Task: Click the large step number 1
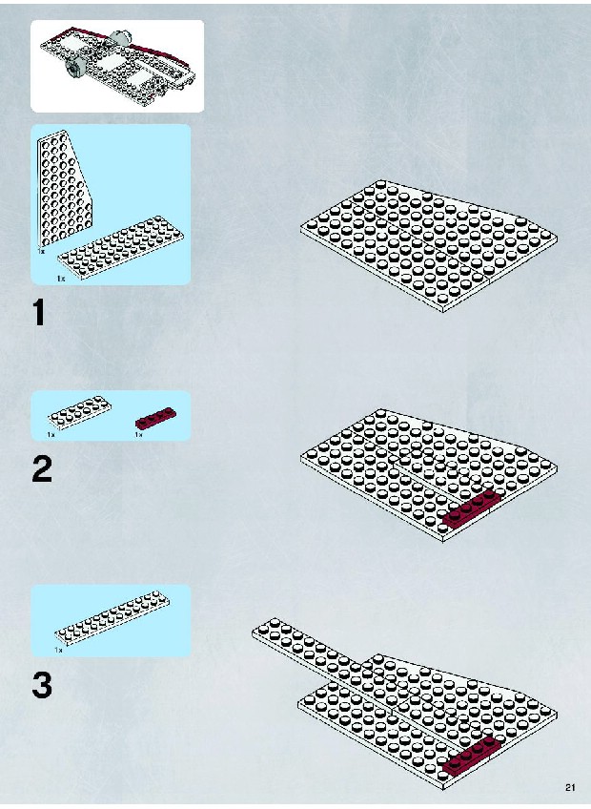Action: click(39, 313)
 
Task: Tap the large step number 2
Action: click(42, 469)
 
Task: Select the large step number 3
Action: click(42, 685)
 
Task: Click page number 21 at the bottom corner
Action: click(570, 787)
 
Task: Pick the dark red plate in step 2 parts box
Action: click(155, 419)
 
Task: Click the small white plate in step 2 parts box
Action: click(80, 412)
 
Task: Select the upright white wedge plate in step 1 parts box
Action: click(64, 189)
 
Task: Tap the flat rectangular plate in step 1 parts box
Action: click(120, 248)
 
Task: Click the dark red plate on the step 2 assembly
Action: click(473, 509)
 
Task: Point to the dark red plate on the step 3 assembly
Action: click(473, 755)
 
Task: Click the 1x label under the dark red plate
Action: click(138, 434)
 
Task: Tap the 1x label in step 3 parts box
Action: click(58, 650)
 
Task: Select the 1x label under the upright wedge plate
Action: click(41, 251)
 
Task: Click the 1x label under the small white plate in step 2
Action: click(51, 434)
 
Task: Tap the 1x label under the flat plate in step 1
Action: click(61, 279)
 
